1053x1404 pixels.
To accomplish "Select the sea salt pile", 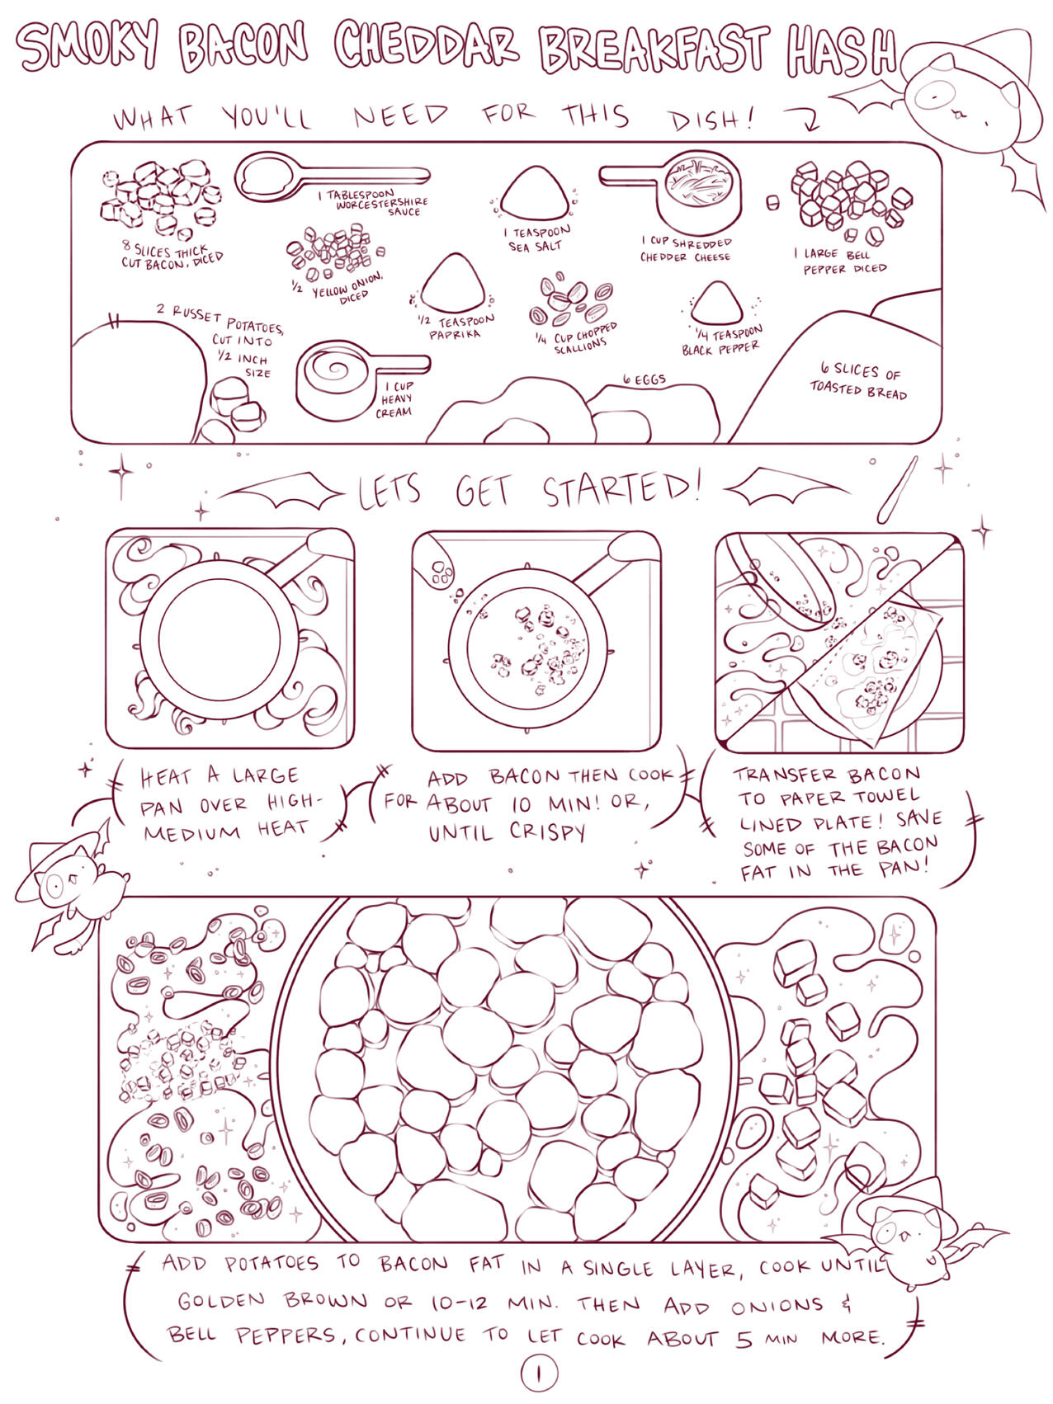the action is pyautogui.click(x=535, y=193).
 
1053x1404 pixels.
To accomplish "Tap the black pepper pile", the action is pyautogui.click(x=716, y=303).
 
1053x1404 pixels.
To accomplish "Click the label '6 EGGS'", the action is pyautogui.click(x=644, y=379).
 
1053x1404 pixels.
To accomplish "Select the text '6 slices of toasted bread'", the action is pyautogui.click(x=858, y=381).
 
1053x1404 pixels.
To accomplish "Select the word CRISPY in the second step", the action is pyautogui.click(x=547, y=832).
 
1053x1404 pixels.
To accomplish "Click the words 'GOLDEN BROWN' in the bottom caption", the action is pyautogui.click(x=273, y=1301).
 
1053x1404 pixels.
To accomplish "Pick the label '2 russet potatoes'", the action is pyautogui.click(x=220, y=319).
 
